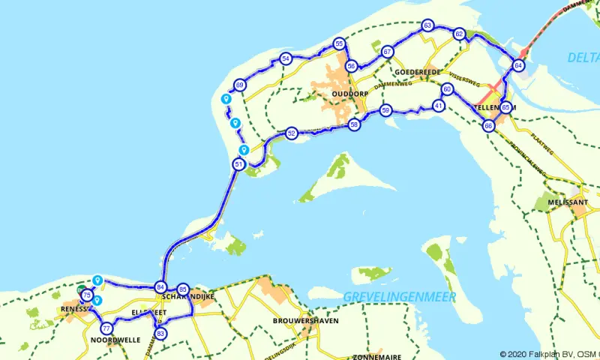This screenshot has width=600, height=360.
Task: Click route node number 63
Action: coord(427,25)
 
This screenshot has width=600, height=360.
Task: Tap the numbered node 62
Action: coord(459,34)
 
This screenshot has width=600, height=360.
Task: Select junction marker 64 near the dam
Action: coord(518,66)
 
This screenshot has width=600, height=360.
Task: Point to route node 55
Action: coord(340,44)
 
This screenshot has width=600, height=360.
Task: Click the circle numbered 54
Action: coord(286,58)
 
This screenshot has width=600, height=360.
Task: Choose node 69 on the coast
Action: coord(239,85)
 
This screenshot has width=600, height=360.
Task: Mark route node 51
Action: coord(238,164)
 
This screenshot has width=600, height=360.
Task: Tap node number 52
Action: coord(292,133)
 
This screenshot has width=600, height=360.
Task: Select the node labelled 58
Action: coord(354,124)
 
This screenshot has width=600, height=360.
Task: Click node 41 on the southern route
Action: coord(439,106)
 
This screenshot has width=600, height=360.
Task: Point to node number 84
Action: coord(160,286)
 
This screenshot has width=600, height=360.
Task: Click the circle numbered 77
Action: coord(106,328)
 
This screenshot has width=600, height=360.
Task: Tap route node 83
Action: coord(160,333)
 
